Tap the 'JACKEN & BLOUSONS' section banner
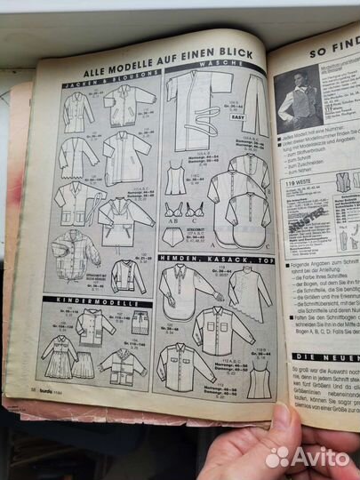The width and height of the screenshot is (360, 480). (x=99, y=83)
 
